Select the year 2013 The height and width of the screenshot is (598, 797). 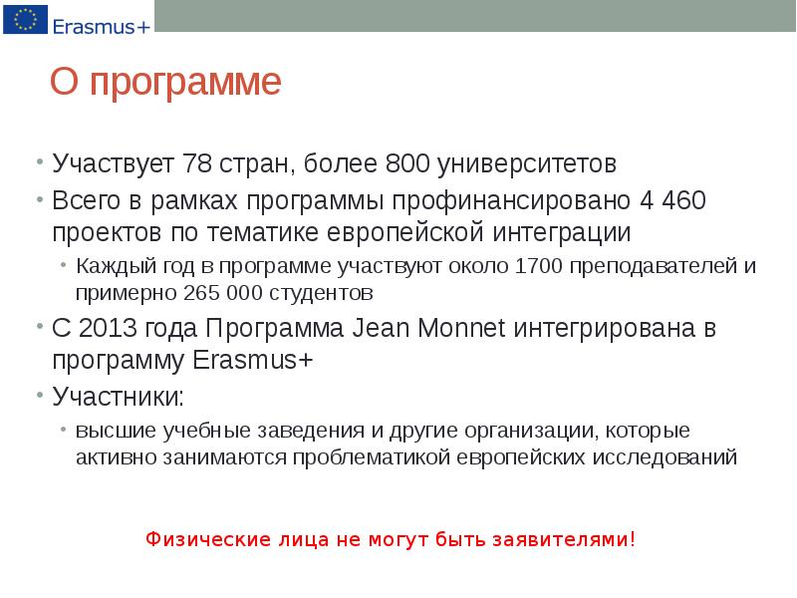pyautogui.click(x=109, y=329)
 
